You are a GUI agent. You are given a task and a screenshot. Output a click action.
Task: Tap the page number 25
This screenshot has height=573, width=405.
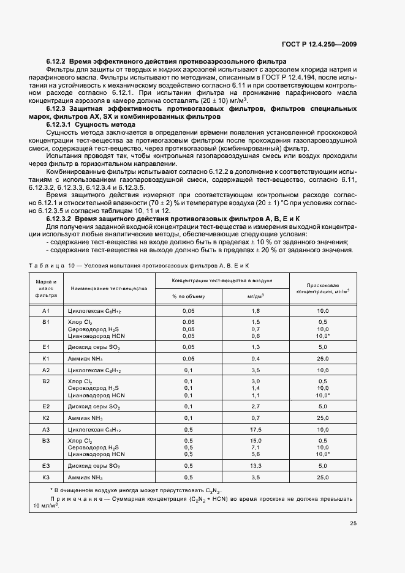point(353,523)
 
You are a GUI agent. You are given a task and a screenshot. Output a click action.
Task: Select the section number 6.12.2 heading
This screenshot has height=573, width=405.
point(56,62)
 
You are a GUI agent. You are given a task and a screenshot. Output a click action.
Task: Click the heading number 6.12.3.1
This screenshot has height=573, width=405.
point(60,124)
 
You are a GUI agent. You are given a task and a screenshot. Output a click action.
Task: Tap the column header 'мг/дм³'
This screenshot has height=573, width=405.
point(256,296)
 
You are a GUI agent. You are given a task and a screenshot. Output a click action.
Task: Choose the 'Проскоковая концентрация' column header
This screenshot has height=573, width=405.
point(323,288)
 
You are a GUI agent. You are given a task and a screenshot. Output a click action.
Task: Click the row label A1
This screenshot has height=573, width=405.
point(46,311)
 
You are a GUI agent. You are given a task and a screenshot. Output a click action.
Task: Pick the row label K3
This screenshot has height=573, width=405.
point(46,477)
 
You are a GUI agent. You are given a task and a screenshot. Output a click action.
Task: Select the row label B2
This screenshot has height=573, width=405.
point(46,381)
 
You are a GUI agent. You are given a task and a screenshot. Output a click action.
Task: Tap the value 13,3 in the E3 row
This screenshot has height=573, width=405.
point(256,465)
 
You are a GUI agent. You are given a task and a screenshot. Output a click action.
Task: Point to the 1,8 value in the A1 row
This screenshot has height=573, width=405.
point(256,311)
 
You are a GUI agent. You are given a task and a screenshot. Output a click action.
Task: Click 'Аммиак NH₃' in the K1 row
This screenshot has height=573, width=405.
point(85,358)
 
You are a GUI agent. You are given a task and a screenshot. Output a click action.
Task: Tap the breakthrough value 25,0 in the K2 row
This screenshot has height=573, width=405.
point(323,418)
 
